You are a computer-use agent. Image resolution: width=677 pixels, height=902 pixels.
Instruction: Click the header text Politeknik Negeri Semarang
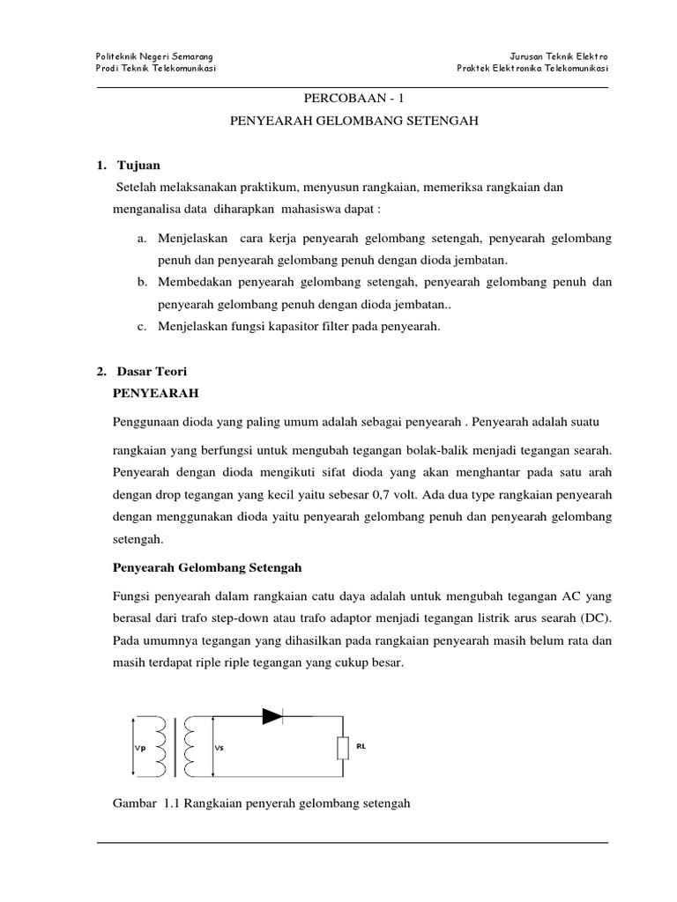tap(153, 56)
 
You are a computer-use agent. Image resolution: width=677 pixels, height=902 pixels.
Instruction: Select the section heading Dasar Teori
tap(151, 372)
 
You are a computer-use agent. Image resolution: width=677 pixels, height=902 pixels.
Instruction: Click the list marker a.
tap(142, 239)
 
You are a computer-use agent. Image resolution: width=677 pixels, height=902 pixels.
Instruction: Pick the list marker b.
tap(142, 283)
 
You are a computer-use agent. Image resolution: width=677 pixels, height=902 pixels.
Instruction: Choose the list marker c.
tap(142, 327)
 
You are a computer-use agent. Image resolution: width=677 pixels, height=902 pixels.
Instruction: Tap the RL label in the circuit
tap(361, 745)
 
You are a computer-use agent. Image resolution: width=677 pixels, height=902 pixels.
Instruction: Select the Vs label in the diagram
tap(219, 748)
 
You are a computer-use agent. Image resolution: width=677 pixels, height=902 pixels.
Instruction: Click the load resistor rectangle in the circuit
tap(341, 748)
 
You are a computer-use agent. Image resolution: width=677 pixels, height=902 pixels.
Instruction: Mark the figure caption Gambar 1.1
tap(264, 803)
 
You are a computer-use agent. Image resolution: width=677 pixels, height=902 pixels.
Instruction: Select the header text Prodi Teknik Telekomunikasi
tap(156, 70)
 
